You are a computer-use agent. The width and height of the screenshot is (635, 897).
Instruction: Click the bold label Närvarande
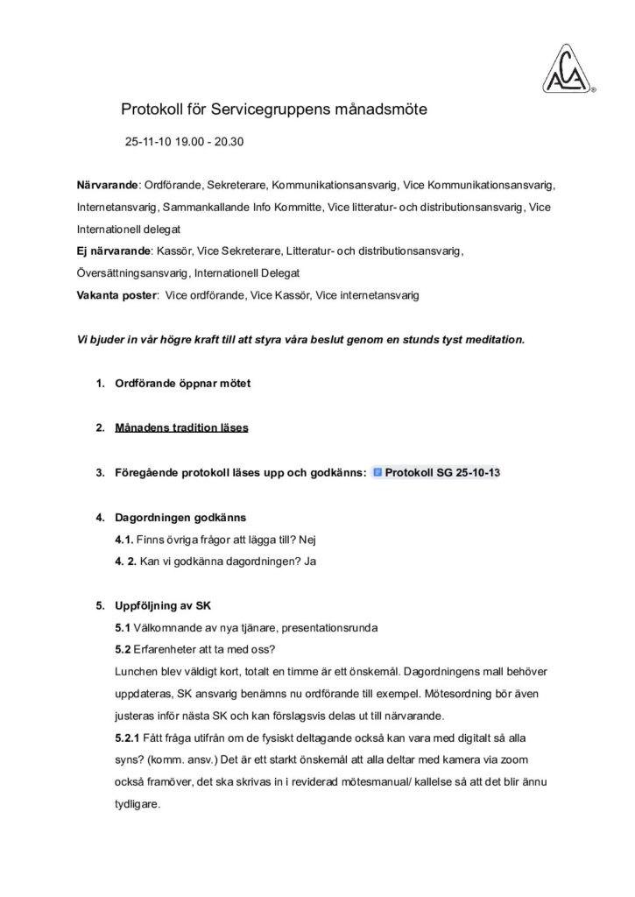108,186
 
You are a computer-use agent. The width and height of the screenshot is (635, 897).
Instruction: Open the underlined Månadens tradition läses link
181,428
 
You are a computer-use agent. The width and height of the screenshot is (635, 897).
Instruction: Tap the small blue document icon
377,473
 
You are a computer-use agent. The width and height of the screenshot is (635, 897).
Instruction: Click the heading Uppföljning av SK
163,606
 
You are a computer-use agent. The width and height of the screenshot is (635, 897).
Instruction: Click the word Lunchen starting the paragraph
137,672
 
